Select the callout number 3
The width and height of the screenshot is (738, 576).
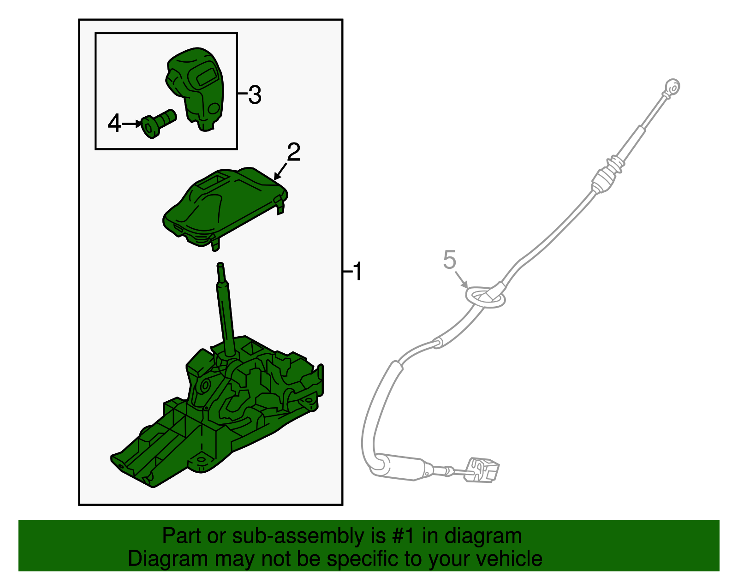pos(255,95)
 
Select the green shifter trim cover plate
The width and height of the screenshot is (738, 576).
pos(225,208)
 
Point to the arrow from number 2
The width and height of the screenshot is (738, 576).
pos(280,171)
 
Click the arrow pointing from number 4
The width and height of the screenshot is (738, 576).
pos(131,124)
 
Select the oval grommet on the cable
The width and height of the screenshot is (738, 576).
pos(485,297)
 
